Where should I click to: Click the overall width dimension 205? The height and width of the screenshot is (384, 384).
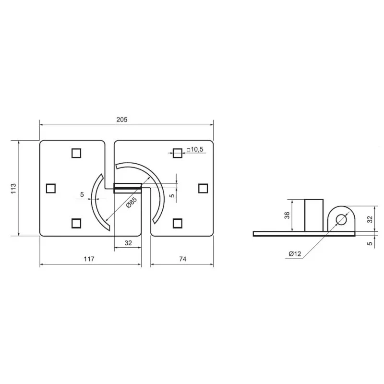click(122, 120)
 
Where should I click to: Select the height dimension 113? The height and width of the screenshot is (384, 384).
click(13, 188)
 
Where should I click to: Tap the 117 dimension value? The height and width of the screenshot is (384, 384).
click(89, 259)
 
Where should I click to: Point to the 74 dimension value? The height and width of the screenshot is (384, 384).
click(183, 259)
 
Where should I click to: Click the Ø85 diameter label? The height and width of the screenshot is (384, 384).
click(131, 203)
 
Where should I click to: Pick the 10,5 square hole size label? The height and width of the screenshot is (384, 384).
click(195, 149)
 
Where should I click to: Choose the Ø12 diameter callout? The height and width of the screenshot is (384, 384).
click(295, 254)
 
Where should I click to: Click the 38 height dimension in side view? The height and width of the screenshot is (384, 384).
click(287, 215)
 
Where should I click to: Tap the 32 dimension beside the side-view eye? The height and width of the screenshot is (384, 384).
click(370, 219)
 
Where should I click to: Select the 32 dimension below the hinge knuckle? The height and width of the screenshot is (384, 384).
click(128, 243)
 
